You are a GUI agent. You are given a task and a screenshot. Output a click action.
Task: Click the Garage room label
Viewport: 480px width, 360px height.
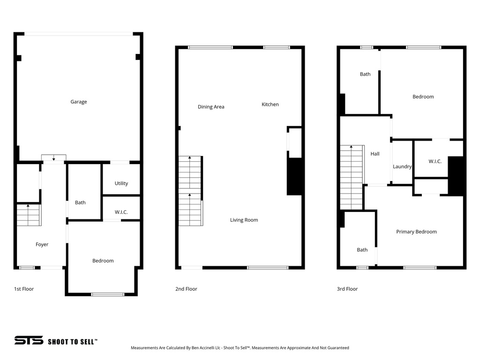pos(79,102)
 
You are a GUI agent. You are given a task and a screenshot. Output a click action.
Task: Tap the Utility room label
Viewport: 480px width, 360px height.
pos(121,183)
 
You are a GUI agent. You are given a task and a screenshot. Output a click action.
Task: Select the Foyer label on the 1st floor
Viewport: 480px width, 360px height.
pos(42,244)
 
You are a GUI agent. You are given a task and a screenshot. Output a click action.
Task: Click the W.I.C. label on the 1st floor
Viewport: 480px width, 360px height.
pos(121,212)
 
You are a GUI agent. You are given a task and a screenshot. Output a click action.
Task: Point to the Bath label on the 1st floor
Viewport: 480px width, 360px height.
pos(81,202)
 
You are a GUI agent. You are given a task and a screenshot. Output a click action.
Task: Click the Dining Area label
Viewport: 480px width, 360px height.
pos(211,107)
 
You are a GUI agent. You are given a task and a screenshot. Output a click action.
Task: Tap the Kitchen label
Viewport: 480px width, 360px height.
pos(270,105)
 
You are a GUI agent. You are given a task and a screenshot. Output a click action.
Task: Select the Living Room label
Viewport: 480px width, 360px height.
pos(244,220)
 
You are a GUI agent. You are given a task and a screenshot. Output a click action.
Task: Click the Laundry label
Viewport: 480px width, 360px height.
pos(402,166)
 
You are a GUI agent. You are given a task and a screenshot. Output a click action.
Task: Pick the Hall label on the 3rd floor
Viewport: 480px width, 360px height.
pos(375,154)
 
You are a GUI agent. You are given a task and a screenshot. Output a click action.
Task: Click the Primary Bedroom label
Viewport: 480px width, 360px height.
pos(416,232)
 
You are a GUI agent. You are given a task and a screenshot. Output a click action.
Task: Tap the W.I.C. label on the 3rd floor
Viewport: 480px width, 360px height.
pos(435,161)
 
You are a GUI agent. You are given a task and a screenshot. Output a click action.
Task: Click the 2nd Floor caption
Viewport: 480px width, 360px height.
pos(186,289)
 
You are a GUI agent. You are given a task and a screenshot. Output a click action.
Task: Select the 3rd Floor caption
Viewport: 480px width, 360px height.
pos(347,289)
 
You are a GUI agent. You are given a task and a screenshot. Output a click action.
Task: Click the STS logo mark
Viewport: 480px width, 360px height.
pos(29,341)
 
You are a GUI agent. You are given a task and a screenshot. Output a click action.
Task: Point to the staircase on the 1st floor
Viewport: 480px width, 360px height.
pos(29,215)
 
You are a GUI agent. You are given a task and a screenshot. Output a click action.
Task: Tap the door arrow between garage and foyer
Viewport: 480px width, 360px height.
pos(53,158)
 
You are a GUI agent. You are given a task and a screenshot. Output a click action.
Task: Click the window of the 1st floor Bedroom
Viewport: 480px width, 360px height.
pos(108,294)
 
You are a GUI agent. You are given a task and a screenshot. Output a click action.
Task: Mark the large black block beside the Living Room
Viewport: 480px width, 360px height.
pos(294,176)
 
